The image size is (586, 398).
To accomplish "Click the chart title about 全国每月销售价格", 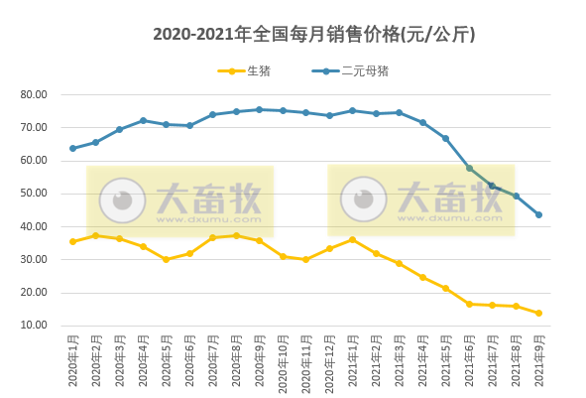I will [313, 35].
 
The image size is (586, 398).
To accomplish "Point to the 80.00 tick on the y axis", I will [34, 94].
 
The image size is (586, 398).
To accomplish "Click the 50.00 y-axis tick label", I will [34, 194].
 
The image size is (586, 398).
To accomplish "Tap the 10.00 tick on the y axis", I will [34, 326].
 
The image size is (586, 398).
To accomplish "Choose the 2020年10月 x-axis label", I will [283, 363].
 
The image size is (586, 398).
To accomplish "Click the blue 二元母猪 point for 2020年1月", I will [72, 149].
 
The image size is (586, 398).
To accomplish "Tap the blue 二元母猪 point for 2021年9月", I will [538, 214].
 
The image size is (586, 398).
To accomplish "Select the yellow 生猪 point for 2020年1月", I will [72, 241].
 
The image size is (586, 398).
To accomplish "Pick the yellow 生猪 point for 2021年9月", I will [538, 313].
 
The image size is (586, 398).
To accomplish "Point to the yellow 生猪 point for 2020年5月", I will [166, 259].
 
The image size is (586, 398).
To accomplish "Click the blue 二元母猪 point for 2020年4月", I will [143, 121].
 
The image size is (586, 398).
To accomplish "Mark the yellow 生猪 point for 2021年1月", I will [352, 239].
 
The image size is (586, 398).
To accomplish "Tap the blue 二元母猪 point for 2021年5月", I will [445, 138].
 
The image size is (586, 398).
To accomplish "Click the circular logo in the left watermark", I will [122, 200].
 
